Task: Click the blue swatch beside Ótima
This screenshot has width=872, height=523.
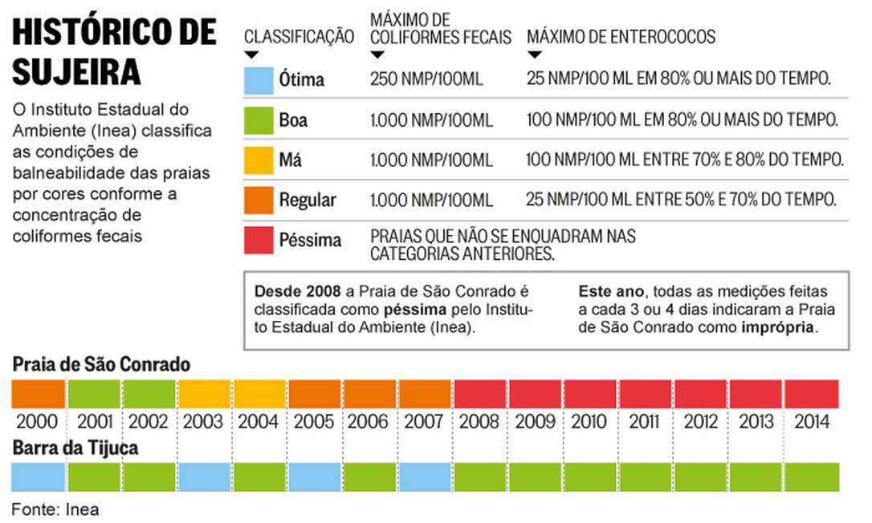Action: tap(259, 80)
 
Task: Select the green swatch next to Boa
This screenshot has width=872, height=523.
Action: tap(259, 120)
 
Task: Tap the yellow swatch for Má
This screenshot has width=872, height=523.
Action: tap(259, 160)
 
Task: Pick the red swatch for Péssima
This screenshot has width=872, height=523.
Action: tap(259, 240)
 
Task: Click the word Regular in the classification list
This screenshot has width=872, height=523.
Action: tap(308, 200)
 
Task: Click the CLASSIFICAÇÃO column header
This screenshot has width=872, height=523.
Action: tap(299, 37)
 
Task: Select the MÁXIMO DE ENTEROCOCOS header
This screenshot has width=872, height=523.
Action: tap(621, 37)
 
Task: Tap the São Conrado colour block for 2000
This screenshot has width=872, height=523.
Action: tap(38, 394)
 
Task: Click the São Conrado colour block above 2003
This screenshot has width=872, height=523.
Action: tap(205, 394)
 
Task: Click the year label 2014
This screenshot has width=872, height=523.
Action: tap(812, 421)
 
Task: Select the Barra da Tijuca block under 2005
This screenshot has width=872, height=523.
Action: tap(315, 476)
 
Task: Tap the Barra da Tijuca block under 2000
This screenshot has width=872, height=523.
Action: tap(38, 476)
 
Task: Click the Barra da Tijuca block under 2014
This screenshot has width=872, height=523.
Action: tap(812, 476)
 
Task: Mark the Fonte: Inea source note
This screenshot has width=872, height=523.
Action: tap(55, 509)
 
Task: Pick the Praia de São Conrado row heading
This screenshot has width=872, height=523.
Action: tap(101, 365)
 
